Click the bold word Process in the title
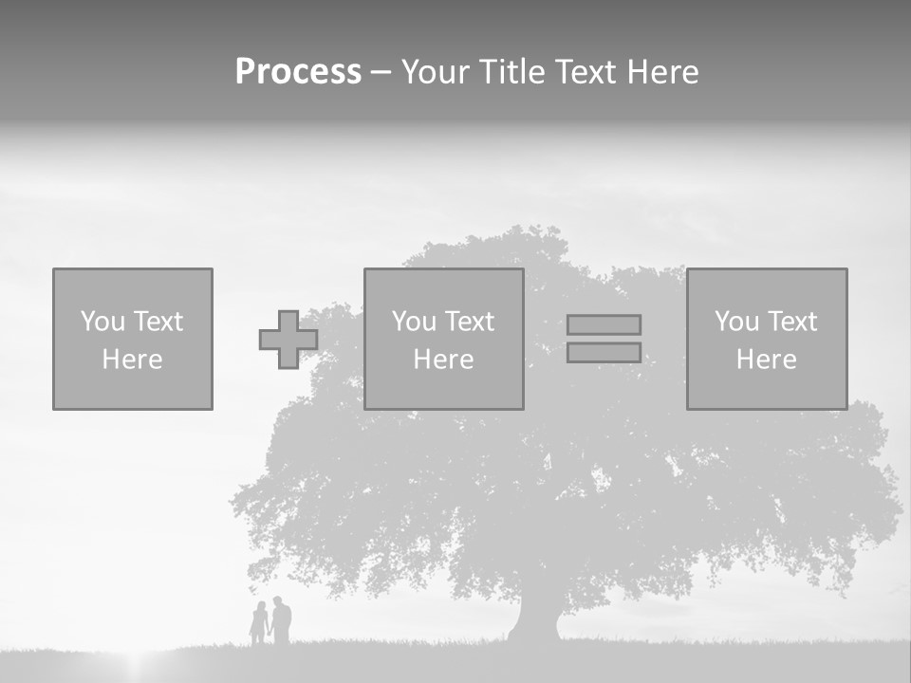point(298,72)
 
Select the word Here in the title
point(661,72)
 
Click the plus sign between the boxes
point(288,340)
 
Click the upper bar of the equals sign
point(604,324)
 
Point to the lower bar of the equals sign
point(604,352)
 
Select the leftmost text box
point(133,339)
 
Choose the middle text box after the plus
point(443,339)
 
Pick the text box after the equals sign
point(767,339)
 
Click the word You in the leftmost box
point(102,322)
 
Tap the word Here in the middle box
point(443,360)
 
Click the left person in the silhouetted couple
point(258,623)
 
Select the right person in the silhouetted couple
point(281,620)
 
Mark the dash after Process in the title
point(381,73)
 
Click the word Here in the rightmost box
point(767,360)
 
